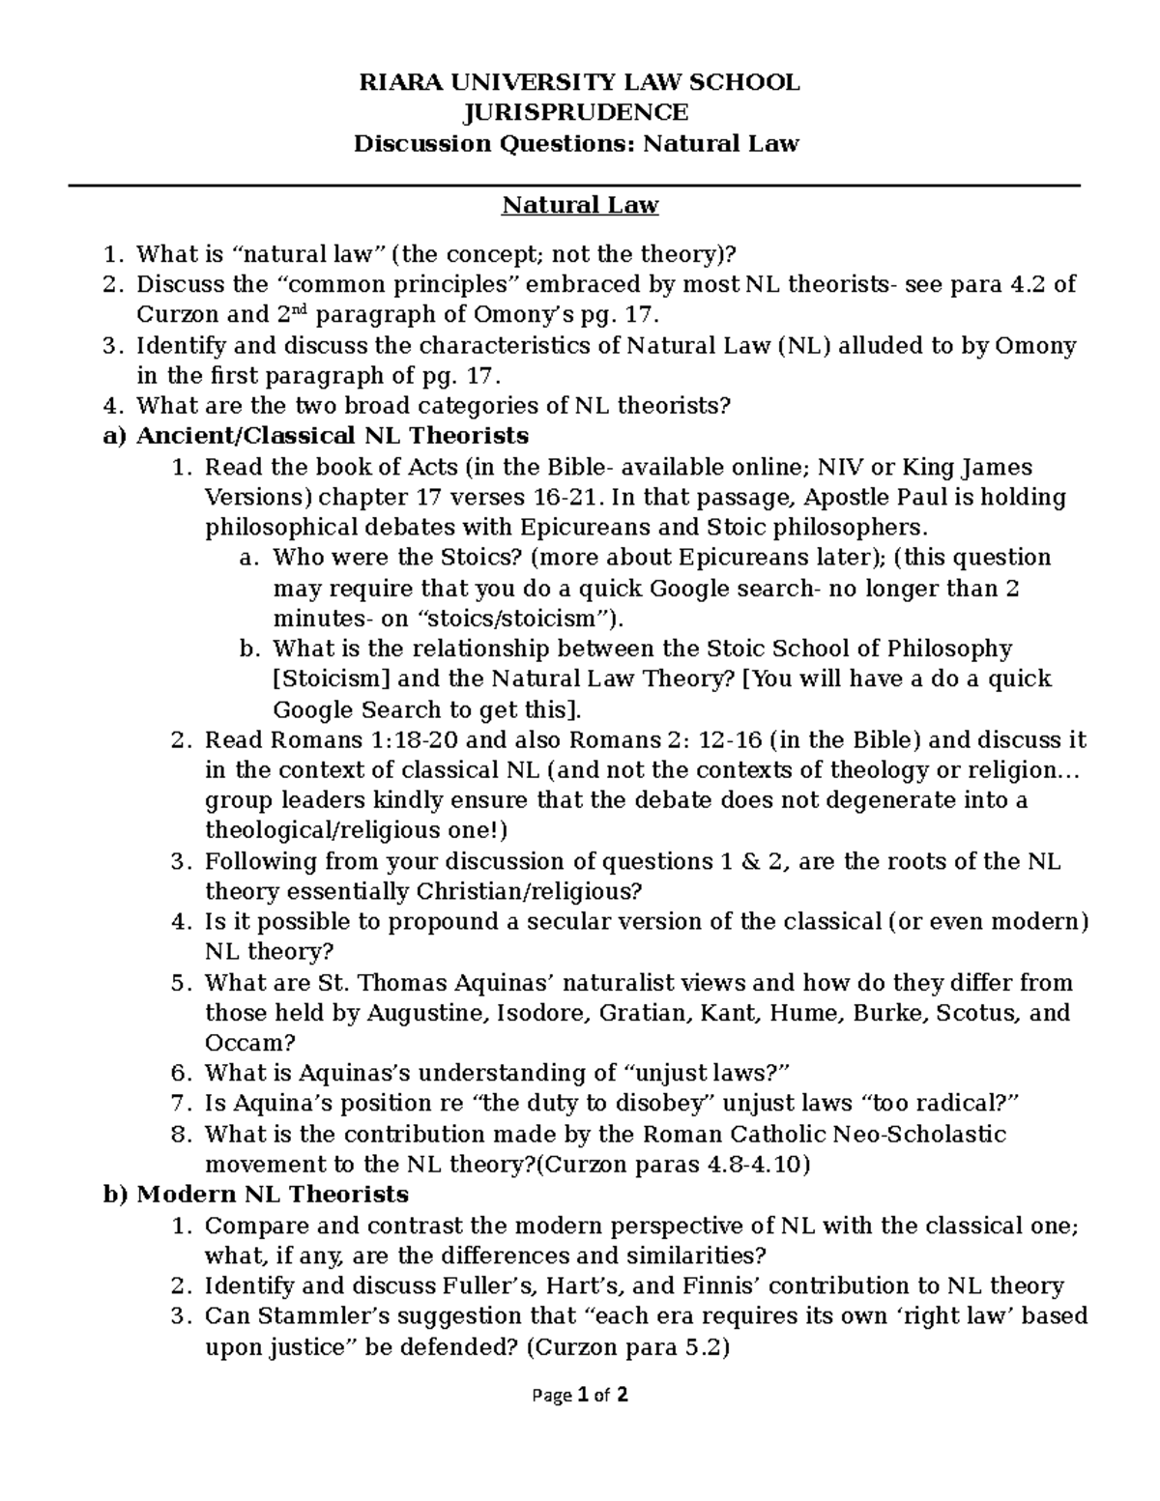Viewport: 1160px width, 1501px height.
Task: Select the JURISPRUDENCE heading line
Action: [x=577, y=113]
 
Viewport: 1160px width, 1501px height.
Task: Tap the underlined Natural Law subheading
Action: [x=579, y=205]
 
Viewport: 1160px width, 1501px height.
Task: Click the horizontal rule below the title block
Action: [x=577, y=186]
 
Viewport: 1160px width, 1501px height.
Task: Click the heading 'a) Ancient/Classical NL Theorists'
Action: [x=315, y=436]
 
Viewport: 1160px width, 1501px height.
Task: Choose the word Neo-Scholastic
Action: [x=913, y=1134]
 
